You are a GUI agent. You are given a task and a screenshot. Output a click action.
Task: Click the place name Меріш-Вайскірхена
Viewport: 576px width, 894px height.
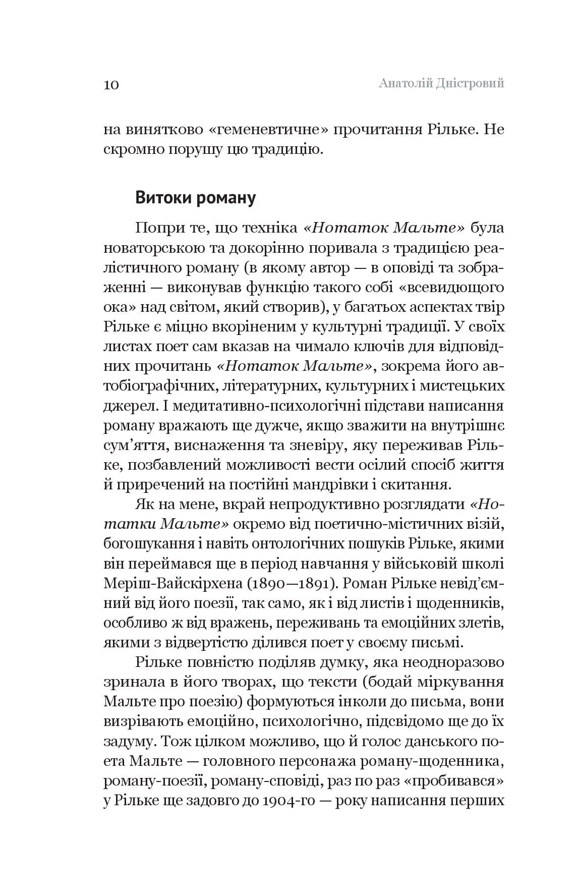point(174,583)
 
